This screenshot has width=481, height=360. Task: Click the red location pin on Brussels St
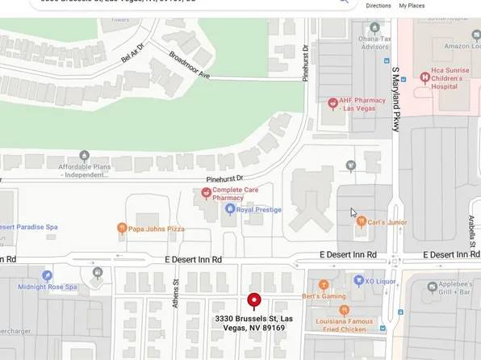[x=254, y=301]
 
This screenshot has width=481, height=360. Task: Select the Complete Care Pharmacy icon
[x=206, y=193]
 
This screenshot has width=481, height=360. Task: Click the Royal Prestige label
[x=258, y=210]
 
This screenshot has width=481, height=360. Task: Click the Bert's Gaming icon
[x=324, y=285]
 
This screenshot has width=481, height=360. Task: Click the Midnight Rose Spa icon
[x=48, y=275]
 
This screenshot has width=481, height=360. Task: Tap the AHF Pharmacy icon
[x=332, y=103]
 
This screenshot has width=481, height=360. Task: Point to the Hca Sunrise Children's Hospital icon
[x=425, y=77]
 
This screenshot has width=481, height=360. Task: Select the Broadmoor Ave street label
[x=189, y=66]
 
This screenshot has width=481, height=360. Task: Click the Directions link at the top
[x=378, y=6]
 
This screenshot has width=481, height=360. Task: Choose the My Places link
[x=412, y=6]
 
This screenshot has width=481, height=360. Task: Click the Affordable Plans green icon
[x=84, y=156]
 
